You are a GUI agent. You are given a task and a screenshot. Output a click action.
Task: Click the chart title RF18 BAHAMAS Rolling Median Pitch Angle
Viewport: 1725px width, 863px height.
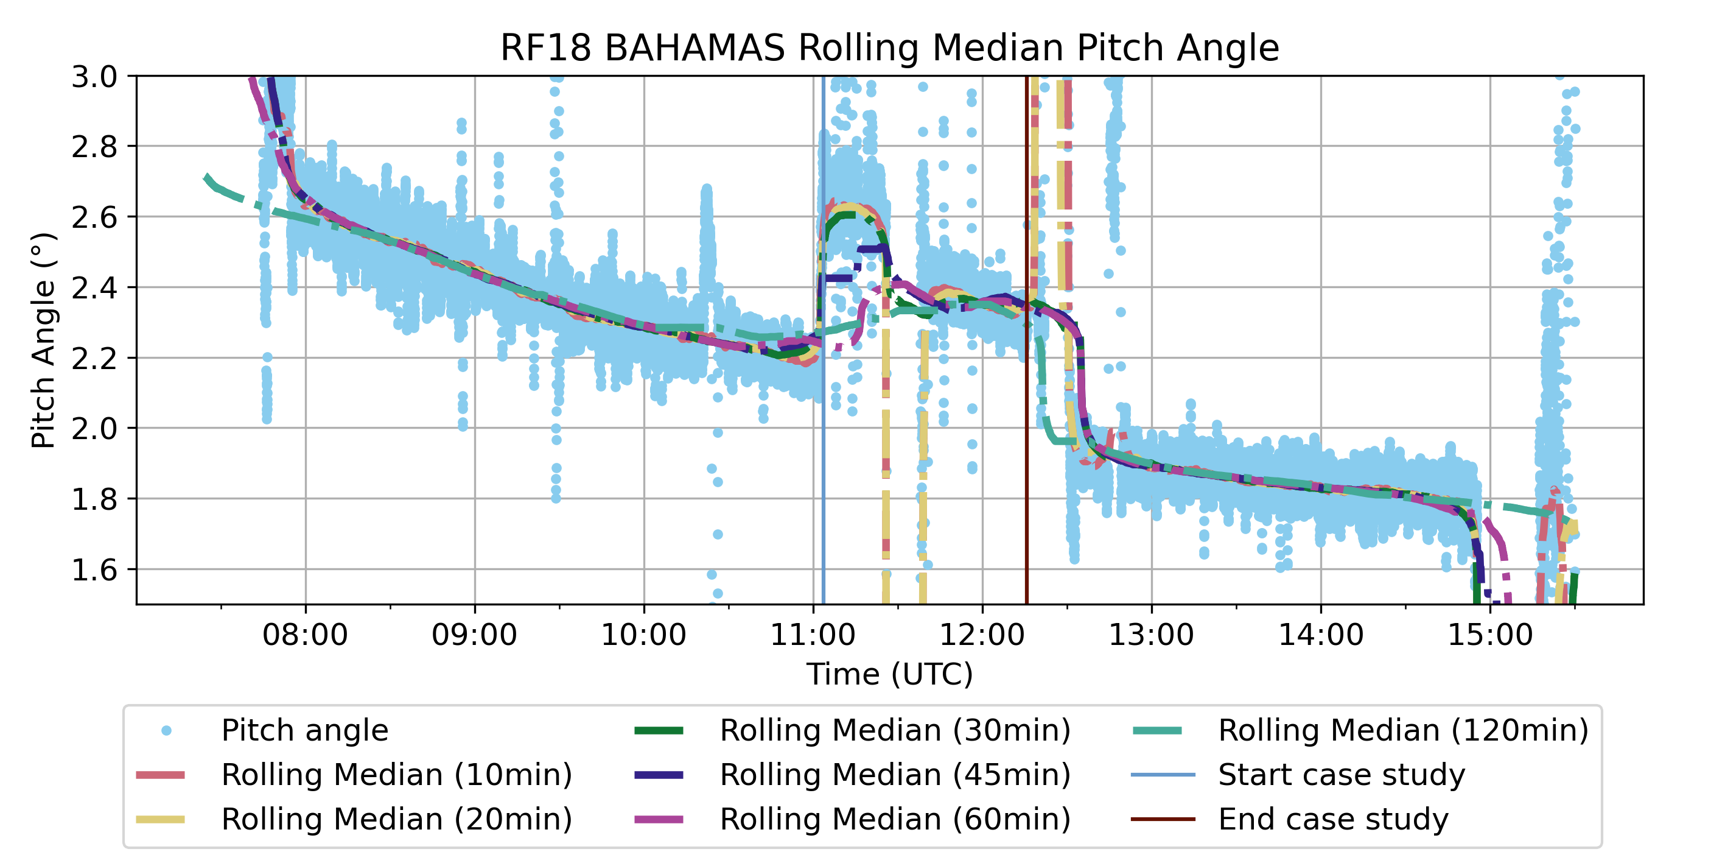point(889,48)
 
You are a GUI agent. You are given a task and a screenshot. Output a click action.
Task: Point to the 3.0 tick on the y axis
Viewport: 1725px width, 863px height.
point(94,77)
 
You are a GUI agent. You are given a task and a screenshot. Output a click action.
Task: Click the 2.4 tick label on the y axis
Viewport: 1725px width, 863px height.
point(94,288)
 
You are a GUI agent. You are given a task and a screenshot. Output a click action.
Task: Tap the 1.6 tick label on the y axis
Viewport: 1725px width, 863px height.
point(94,570)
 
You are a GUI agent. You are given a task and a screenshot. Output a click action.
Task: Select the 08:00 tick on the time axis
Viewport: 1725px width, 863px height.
point(306,635)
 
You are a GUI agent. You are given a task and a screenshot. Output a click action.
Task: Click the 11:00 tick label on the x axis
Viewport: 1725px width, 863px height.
point(813,635)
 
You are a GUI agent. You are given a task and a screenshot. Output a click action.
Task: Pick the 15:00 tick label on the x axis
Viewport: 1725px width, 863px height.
point(1490,635)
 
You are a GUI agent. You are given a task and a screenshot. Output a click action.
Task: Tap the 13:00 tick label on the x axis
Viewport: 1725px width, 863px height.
point(1151,635)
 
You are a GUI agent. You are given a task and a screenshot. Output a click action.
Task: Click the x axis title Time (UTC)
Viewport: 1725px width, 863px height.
point(889,674)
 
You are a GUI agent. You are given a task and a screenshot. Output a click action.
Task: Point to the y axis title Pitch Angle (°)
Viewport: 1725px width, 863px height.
point(44,340)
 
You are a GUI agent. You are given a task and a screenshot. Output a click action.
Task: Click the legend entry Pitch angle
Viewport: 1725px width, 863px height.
point(305,730)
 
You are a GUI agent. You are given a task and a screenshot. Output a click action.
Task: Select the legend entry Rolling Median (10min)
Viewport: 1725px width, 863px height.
point(396,775)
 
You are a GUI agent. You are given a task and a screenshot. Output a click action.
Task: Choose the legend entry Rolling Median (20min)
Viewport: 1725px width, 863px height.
point(396,819)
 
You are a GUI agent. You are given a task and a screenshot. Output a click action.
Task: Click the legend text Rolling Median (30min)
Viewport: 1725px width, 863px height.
point(895,730)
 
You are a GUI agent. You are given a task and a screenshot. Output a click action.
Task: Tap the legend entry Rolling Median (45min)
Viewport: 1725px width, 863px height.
point(895,775)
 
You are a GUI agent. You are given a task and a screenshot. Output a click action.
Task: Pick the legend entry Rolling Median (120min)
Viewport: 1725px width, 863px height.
point(1403,730)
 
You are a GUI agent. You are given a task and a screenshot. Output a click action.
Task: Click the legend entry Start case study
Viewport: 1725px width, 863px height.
point(1342,775)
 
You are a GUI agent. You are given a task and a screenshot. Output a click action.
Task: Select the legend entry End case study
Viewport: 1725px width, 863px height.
point(1332,819)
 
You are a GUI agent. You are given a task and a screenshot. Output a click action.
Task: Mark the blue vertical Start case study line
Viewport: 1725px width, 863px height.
point(823,469)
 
